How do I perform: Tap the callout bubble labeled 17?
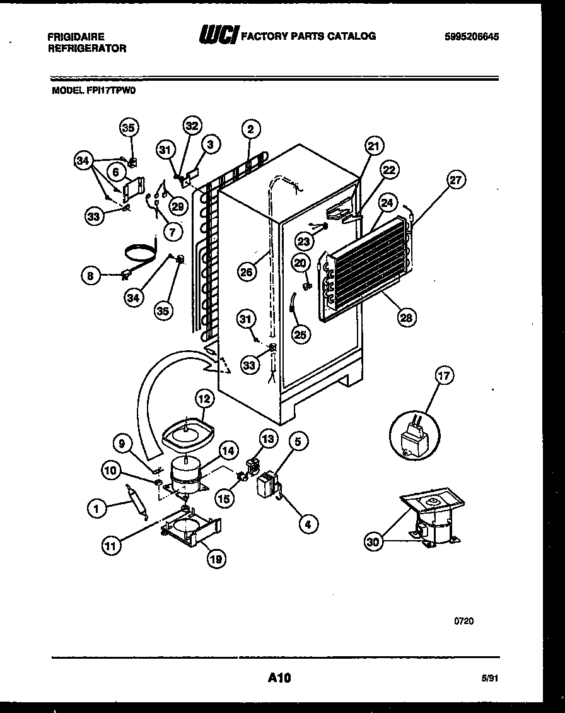(444, 377)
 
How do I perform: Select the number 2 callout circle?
(250, 129)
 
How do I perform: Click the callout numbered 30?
(374, 541)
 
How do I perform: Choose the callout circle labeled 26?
(247, 273)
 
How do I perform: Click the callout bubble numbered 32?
(192, 126)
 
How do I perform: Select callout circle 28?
(405, 317)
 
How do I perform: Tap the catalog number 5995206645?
(472, 37)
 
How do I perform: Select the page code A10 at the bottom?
(279, 678)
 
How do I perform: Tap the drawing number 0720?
(463, 620)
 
